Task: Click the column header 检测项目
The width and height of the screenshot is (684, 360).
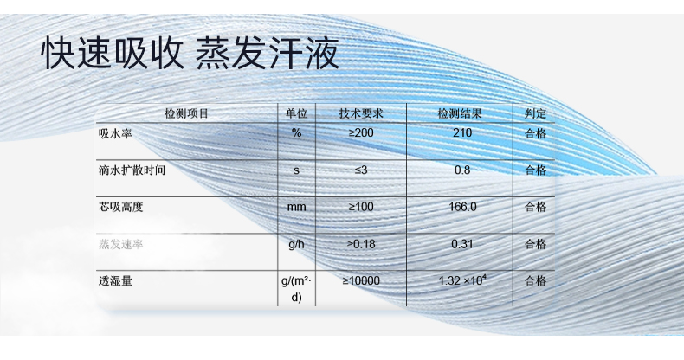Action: click(x=186, y=114)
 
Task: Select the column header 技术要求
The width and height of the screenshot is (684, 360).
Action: click(x=361, y=114)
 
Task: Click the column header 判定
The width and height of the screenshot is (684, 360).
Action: click(x=536, y=114)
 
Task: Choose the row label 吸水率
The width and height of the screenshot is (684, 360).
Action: click(x=114, y=133)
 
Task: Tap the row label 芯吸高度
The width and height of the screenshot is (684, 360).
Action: click(x=120, y=208)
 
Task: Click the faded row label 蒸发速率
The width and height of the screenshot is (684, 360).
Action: click(x=120, y=245)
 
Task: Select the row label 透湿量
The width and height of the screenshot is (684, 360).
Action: click(x=114, y=281)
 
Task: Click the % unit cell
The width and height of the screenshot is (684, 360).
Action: click(x=296, y=133)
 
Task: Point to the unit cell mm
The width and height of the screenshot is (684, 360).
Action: click(x=296, y=208)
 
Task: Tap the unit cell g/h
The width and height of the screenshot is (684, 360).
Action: click(x=296, y=245)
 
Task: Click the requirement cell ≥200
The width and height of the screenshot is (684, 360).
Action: click(x=361, y=133)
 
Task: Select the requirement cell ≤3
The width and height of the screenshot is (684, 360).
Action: click(x=361, y=170)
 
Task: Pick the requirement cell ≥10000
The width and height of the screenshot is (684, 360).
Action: click(x=361, y=281)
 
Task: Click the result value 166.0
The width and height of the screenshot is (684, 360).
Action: click(x=464, y=208)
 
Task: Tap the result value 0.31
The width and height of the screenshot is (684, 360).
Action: click(x=462, y=245)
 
